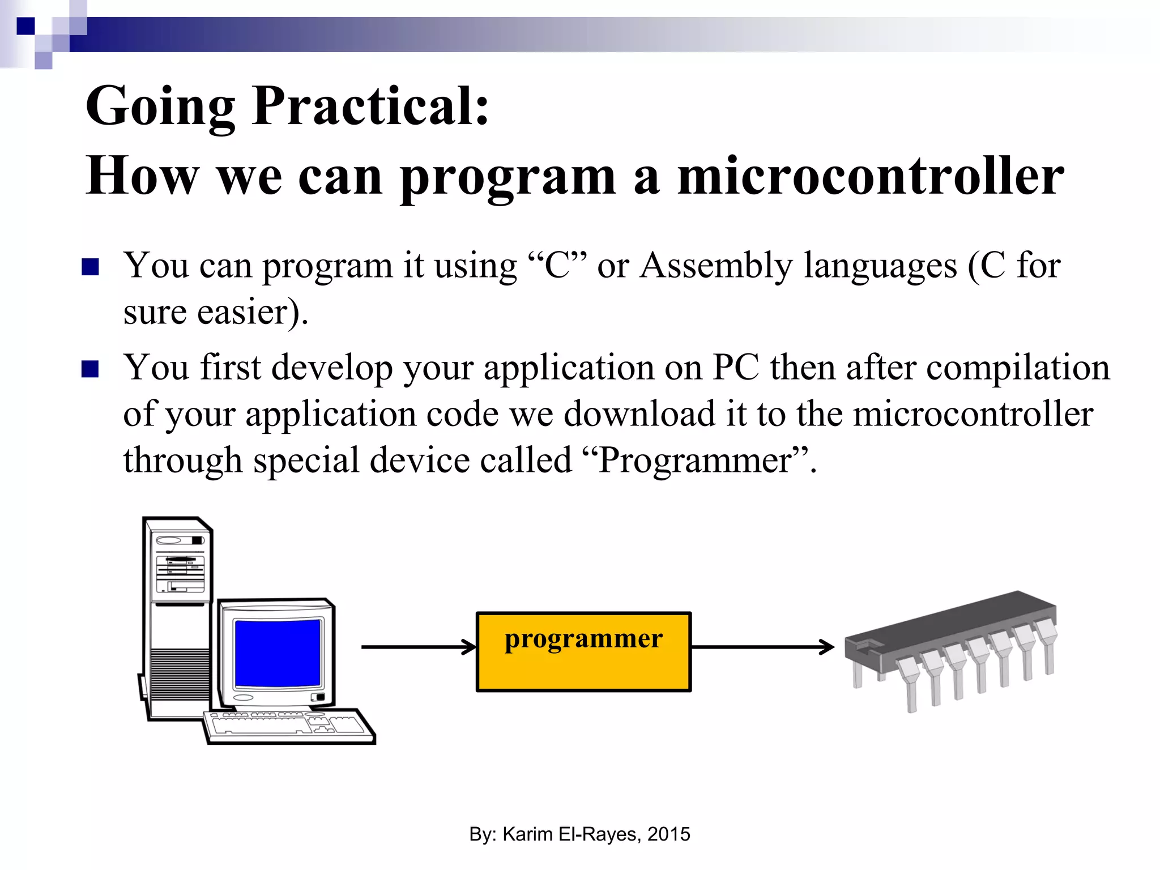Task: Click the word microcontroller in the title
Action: [871, 177]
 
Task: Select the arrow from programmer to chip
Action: [762, 647]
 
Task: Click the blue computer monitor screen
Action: [278, 653]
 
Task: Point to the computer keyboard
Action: [289, 726]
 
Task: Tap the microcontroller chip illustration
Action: [952, 646]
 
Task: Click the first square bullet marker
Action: [91, 267]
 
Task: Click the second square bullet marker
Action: [91, 369]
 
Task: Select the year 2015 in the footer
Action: [668, 834]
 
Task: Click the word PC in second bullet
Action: [735, 368]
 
